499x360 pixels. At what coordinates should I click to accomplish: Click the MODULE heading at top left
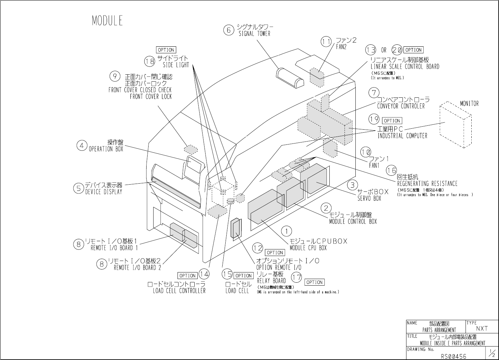107,21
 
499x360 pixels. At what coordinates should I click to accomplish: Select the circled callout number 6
228,30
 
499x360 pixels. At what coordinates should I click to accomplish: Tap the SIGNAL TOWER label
254,34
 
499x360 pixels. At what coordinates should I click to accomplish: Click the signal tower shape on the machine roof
290,78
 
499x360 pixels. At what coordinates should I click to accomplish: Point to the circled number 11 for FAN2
326,42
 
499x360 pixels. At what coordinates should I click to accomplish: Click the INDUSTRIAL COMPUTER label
402,136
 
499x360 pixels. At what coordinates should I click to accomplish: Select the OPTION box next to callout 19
392,121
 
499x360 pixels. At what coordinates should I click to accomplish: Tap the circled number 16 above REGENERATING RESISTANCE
392,170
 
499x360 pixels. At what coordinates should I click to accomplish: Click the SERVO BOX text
369,198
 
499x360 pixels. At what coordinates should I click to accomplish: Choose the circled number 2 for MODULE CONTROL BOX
326,208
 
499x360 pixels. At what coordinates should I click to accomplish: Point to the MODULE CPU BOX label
308,248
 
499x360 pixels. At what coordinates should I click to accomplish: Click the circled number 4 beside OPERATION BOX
82,145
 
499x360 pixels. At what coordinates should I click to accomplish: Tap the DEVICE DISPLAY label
103,192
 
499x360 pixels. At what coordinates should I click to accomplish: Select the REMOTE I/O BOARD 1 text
114,248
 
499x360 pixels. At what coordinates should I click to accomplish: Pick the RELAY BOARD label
271,281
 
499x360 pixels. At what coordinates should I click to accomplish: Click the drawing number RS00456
454,356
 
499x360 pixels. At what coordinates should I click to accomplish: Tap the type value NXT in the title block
482,328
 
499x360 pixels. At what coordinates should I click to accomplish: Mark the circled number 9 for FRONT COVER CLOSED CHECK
115,76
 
